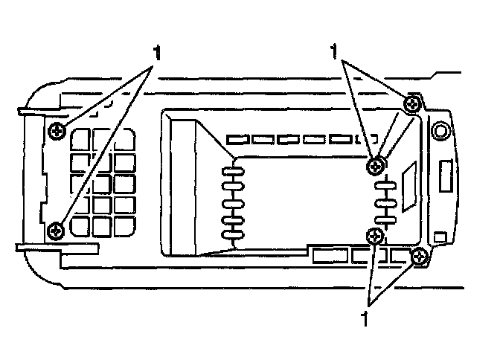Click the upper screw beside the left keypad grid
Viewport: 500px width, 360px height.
57,132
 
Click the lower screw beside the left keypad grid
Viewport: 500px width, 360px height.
56,231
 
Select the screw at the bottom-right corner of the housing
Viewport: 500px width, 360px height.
421,257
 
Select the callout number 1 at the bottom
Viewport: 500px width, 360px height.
365,318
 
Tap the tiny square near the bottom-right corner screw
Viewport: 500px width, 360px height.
440,236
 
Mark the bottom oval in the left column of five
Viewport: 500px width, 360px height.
233,236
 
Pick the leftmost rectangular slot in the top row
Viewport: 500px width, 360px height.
237,139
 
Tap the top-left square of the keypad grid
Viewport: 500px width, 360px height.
81,139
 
